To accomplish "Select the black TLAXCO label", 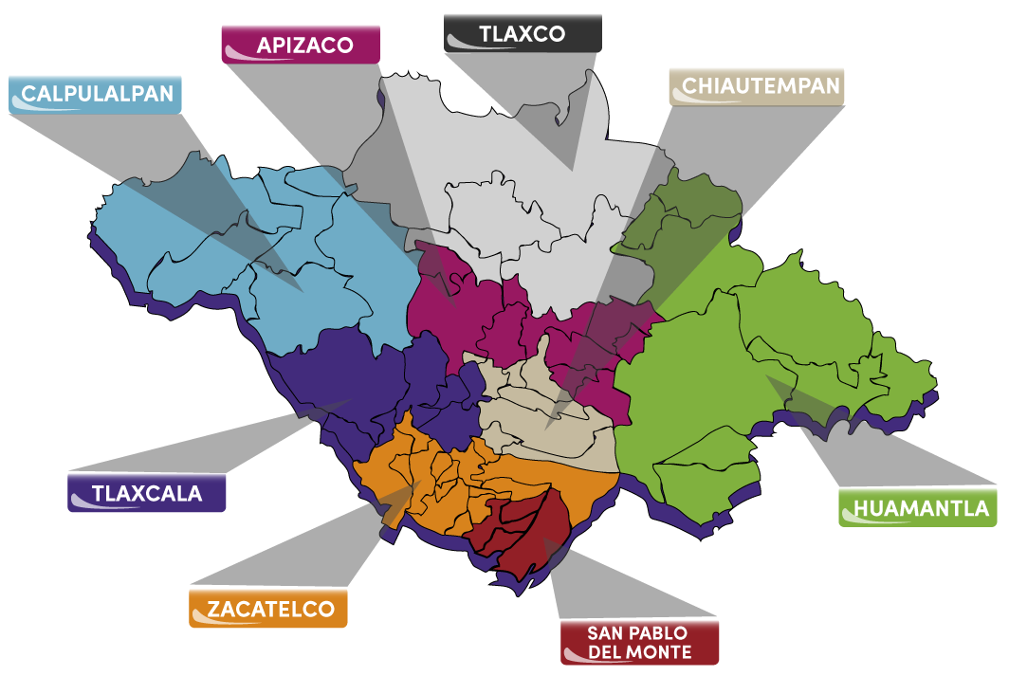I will (x=522, y=33).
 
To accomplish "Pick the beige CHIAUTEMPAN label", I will (x=756, y=86).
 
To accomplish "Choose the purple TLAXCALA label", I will (x=147, y=493).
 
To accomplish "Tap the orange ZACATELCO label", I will (x=267, y=608).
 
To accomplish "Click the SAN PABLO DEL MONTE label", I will (x=639, y=642).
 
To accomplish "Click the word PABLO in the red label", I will (x=654, y=633).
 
